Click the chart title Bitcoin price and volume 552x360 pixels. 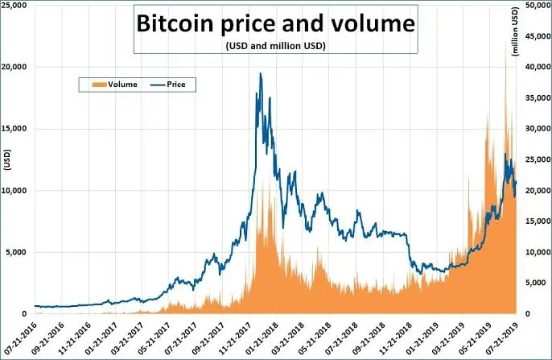tap(276, 23)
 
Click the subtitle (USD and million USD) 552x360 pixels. tap(276, 46)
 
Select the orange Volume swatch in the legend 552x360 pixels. tap(99, 85)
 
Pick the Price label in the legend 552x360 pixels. tap(176, 85)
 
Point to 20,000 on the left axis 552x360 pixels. tap(14, 67)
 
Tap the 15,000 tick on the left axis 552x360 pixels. tap(14, 129)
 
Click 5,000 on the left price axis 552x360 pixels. tap(16, 252)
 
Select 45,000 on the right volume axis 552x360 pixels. tap(538, 36)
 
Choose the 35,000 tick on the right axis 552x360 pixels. tap(538, 97)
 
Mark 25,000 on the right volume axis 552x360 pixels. tap(538, 159)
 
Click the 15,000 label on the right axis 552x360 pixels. tap(538, 221)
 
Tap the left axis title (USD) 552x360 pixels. tap(7, 160)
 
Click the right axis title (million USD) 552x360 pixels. tap(515, 31)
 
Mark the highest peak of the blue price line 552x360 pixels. tap(261, 73)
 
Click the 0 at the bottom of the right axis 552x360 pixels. tap(527, 314)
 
